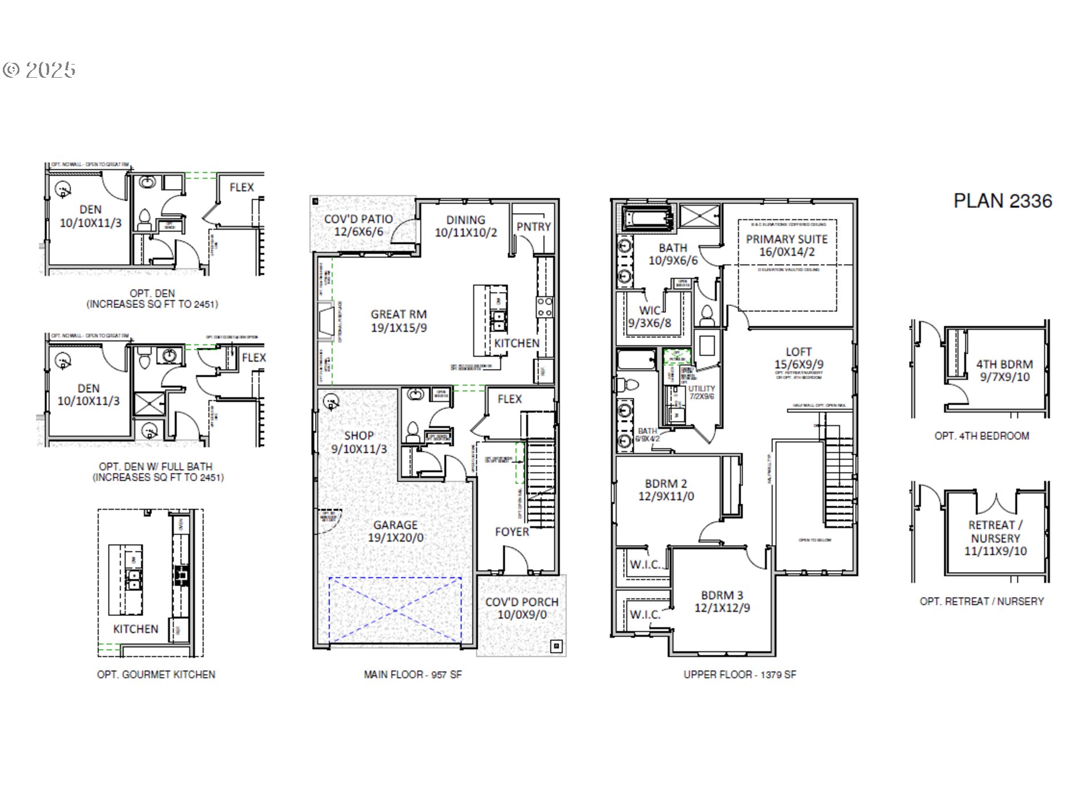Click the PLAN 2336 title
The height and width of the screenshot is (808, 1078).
point(1002,201)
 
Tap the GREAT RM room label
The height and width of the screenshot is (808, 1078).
point(398,314)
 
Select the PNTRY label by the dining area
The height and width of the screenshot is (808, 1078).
point(533,227)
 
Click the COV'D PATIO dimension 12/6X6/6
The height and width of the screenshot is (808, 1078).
point(358,232)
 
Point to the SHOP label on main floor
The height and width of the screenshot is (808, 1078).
point(358,435)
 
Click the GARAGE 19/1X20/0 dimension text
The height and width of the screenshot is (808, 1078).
point(396,538)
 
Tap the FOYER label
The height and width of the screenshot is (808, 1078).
point(512,532)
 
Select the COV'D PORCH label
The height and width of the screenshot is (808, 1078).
point(521,602)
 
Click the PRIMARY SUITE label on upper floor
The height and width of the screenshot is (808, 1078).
point(786,239)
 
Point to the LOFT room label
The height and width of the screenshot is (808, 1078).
point(798,352)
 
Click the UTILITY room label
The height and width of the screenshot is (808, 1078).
point(701,389)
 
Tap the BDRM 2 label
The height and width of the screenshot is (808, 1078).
point(666,484)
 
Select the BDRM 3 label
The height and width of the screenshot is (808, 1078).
point(722,595)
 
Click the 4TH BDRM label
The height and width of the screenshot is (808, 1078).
point(1004,365)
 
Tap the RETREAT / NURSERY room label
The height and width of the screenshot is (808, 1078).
point(995,531)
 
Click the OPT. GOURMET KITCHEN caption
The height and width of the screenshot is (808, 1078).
point(156,675)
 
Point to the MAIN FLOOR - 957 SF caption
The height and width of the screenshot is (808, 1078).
point(413,675)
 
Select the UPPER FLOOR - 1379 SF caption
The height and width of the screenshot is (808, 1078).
point(740,675)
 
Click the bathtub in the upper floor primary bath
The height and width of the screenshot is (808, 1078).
point(647,218)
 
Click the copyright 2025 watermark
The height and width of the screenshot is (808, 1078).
point(39,70)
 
